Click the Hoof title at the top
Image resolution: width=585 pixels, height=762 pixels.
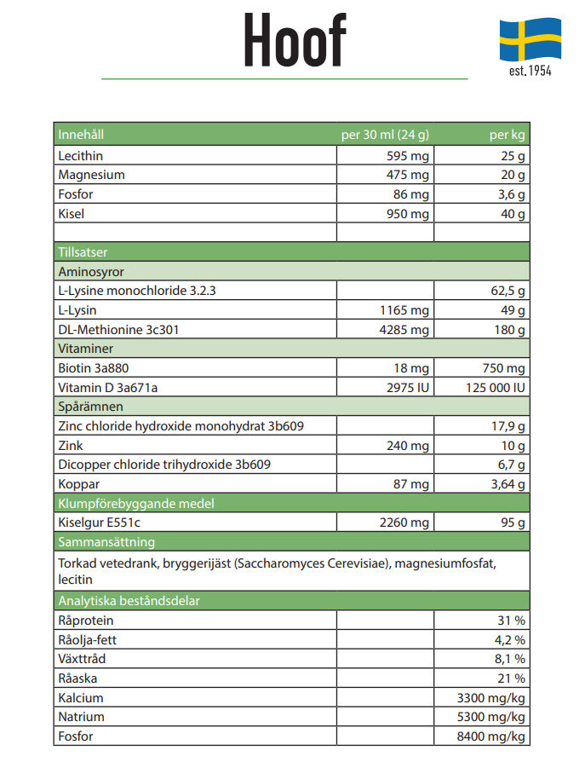(295, 39)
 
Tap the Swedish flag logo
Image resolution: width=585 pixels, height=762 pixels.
(531, 39)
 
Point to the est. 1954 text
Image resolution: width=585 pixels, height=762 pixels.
(531, 71)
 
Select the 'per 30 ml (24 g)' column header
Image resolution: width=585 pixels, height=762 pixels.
(385, 135)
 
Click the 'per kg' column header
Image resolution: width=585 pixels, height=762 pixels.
(507, 135)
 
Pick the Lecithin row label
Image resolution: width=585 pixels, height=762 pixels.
(81, 155)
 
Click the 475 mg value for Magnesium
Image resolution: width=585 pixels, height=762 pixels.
(407, 175)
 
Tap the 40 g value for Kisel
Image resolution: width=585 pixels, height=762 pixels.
(513, 213)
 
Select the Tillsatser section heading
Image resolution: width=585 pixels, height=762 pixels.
(83, 251)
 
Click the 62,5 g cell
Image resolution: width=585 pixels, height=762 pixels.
(508, 291)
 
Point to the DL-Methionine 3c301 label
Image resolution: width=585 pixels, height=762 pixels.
(118, 330)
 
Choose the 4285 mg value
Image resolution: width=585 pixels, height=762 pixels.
(404, 330)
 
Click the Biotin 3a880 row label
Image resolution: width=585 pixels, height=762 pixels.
(93, 368)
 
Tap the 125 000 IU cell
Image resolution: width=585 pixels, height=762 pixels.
(496, 387)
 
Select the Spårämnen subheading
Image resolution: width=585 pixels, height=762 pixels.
(90, 407)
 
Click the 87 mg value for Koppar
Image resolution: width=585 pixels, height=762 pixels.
(410, 484)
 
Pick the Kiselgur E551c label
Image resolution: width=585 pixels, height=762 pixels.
(99, 522)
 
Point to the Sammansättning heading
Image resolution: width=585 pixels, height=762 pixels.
(106, 542)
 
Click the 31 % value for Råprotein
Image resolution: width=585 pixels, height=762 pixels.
(511, 621)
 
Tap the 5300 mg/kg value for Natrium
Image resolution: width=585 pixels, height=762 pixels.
(490, 717)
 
